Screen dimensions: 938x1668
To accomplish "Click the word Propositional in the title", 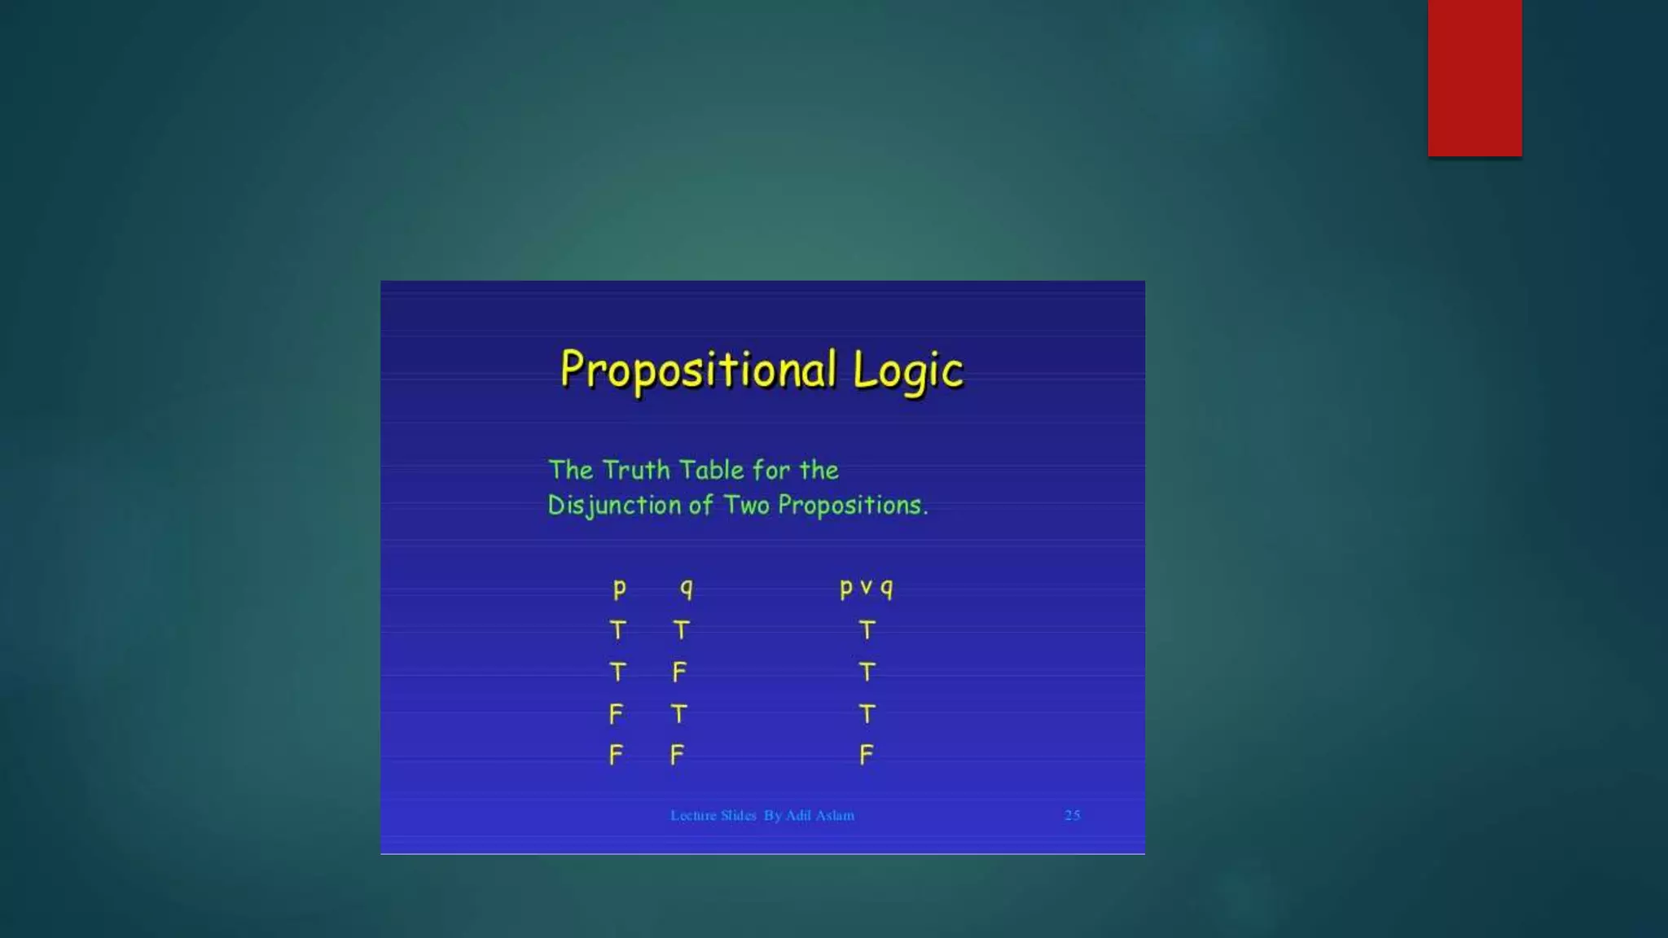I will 698,370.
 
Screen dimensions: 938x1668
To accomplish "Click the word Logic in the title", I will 908,372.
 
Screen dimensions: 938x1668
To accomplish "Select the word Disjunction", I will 614,506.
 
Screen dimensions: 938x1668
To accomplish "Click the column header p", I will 619,588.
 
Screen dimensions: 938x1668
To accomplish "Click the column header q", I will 687,588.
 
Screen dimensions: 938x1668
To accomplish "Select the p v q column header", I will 866,588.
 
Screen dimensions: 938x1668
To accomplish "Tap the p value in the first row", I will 618,630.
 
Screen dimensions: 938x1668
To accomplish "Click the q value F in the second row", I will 679,672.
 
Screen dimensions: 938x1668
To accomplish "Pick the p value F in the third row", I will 616,714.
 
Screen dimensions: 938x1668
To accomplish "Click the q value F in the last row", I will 677,756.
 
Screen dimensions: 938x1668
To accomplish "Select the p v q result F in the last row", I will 866,756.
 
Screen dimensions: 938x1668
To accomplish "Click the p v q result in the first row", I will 867,630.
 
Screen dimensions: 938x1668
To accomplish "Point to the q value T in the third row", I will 679,714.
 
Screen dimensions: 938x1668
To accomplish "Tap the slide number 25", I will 1072,815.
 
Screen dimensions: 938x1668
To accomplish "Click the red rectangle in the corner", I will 1474,77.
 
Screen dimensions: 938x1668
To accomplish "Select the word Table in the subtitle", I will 711,470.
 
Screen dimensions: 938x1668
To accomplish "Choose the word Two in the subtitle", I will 746,505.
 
